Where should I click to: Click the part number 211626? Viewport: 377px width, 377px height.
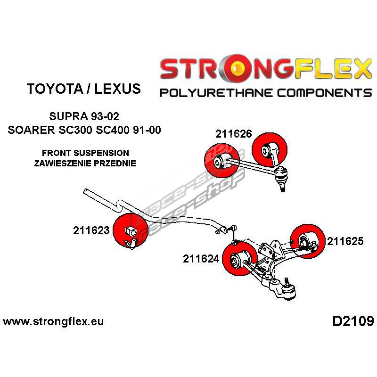(x=233, y=133)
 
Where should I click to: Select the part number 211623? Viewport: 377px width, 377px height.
(x=91, y=230)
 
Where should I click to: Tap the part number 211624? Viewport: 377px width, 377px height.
(x=201, y=258)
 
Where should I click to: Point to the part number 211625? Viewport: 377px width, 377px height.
(x=345, y=241)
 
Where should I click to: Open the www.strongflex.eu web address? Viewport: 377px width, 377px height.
(x=53, y=322)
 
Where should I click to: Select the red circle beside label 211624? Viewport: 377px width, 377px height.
(x=239, y=257)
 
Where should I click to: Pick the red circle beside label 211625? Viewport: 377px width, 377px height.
(x=306, y=239)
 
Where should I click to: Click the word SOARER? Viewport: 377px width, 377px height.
(x=30, y=130)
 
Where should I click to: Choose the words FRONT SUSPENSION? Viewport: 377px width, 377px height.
(x=85, y=153)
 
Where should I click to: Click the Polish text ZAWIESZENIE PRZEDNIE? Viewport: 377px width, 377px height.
(x=85, y=164)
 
